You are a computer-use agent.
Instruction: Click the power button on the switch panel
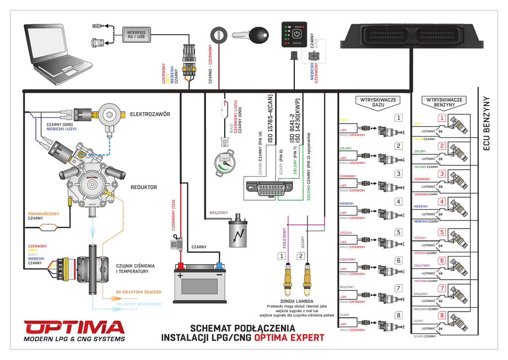(x=297, y=35)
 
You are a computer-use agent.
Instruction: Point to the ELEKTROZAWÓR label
(x=150, y=114)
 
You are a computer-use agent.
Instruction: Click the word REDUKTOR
(x=143, y=187)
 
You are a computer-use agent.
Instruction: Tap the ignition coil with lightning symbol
(x=239, y=232)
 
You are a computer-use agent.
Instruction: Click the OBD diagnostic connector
(x=269, y=188)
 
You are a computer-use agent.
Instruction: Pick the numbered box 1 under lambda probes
(x=282, y=256)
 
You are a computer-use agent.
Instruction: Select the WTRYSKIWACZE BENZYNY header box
(x=444, y=102)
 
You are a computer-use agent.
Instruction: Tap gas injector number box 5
(x=398, y=232)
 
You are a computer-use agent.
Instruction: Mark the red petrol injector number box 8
(x=442, y=315)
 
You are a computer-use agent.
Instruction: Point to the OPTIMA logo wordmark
(x=74, y=328)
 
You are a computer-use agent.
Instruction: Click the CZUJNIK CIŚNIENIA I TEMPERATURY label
(x=135, y=269)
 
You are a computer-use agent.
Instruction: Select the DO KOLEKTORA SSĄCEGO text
(x=138, y=292)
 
